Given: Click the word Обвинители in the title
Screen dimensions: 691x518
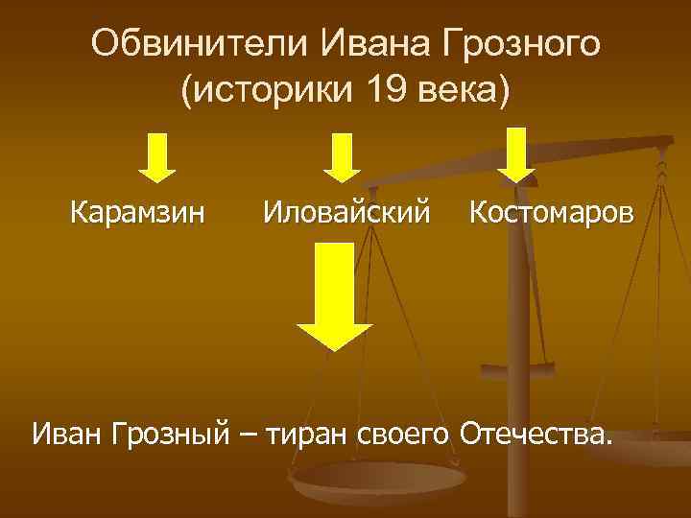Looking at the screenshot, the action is [x=197, y=42].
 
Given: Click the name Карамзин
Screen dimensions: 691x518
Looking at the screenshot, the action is [x=137, y=211].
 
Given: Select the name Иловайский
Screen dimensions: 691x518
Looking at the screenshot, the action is [x=346, y=211].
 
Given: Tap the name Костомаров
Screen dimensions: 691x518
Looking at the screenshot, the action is [x=551, y=211].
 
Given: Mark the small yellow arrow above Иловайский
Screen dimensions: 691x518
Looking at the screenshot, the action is [x=341, y=157].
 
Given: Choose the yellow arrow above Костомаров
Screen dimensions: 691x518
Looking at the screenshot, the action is [x=518, y=153].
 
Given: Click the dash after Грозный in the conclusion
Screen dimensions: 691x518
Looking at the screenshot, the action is [x=248, y=434].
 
